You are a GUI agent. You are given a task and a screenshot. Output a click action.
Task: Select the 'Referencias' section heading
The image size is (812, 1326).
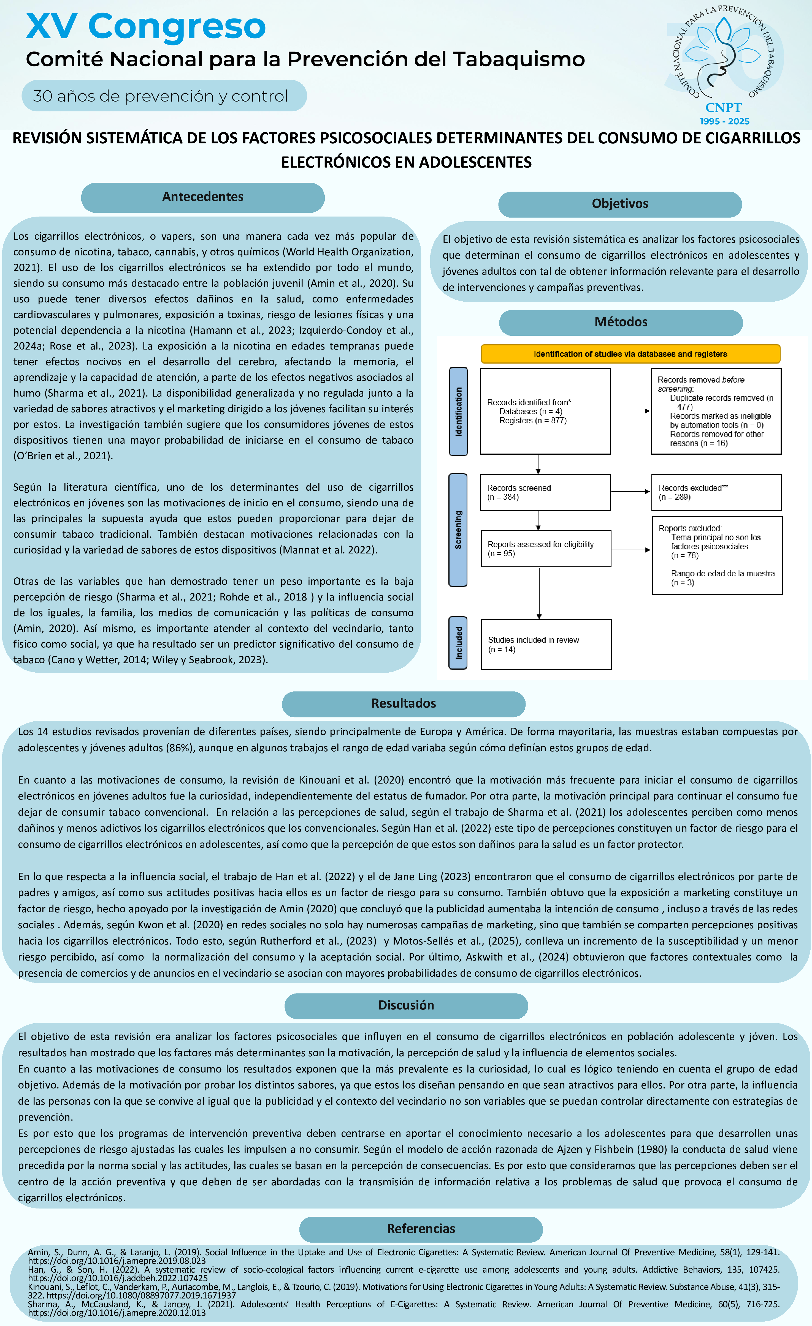(x=421, y=1229)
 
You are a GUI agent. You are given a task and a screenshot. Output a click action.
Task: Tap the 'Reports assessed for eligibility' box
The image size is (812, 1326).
(x=545, y=549)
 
